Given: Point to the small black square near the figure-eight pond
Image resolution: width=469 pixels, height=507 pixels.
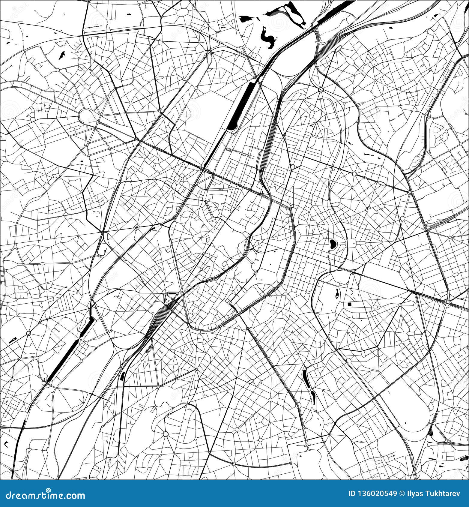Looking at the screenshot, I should (x=349, y=304).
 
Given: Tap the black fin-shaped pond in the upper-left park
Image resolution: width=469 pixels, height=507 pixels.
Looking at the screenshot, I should (x=62, y=55).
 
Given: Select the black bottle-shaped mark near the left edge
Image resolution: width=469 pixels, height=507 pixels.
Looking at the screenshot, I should (x=13, y=340).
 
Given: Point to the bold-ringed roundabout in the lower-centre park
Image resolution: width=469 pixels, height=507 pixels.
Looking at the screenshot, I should (x=166, y=434).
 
